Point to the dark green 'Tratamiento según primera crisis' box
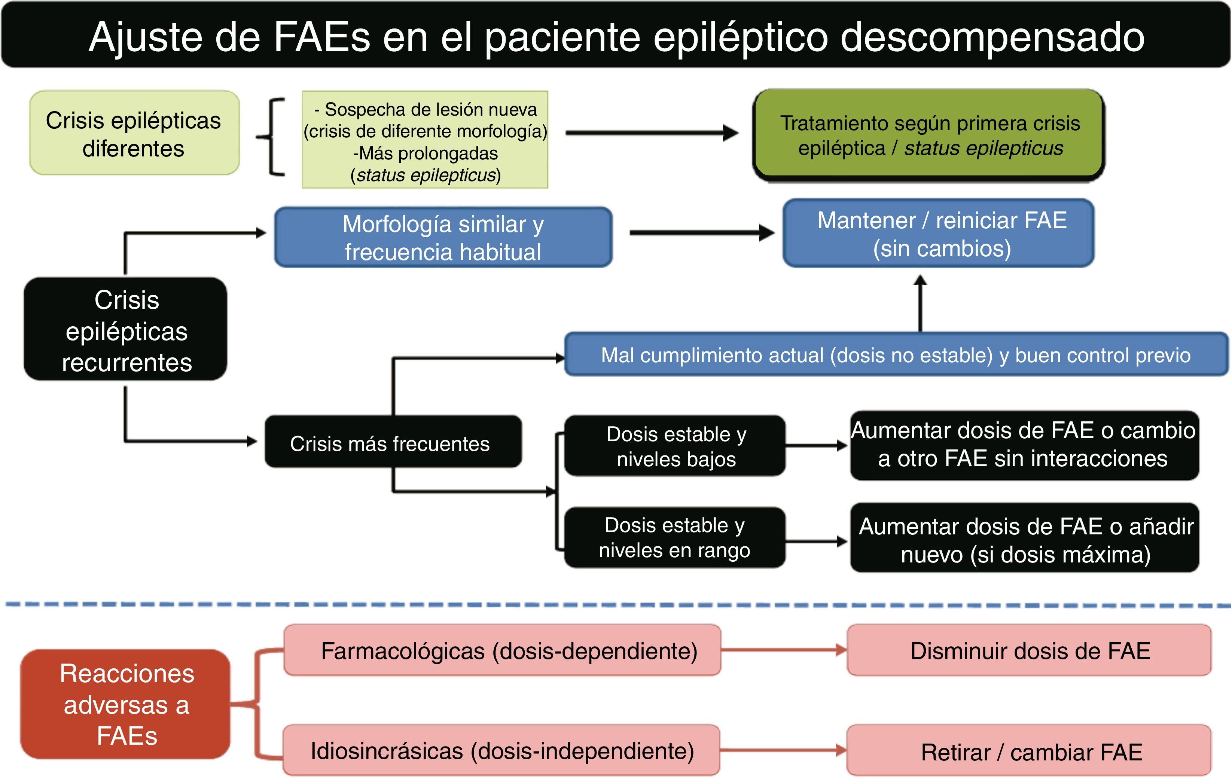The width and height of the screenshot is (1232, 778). tap(928, 135)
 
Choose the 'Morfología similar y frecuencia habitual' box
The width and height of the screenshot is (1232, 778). tap(443, 237)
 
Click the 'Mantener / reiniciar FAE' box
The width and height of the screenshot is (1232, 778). tap(938, 234)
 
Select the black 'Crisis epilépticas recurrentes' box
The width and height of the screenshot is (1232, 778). tap(126, 330)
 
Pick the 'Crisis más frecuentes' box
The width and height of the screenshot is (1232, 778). tap(393, 442)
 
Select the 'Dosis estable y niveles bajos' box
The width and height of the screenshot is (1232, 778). tap(674, 446)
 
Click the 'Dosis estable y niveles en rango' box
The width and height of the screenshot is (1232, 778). tap(674, 538)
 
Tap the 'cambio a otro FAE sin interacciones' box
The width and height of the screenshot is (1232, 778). tap(1024, 445)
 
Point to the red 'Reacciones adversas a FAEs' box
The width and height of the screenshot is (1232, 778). tap(126, 704)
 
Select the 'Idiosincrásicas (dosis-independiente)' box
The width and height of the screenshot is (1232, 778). tap(501, 750)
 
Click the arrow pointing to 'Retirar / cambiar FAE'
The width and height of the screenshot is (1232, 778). tap(783, 750)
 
